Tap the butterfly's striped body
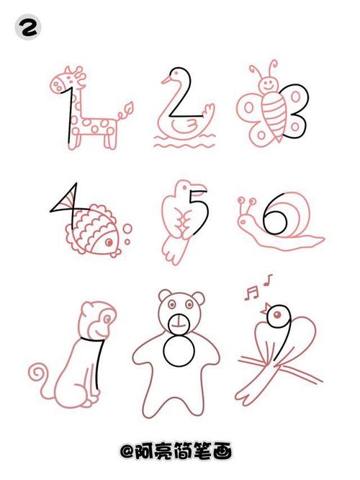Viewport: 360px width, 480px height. pyautogui.click(x=273, y=116)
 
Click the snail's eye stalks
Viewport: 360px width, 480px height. pyautogui.click(x=248, y=201)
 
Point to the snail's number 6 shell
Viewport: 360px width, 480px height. pyautogui.click(x=281, y=216)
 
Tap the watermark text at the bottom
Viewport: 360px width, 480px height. pyautogui.click(x=180, y=452)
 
